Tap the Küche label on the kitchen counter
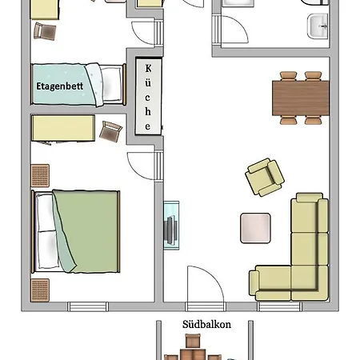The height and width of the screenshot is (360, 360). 148,97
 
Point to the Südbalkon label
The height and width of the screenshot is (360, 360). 206,324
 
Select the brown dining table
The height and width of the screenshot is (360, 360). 301,98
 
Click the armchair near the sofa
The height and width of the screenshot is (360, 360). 265,177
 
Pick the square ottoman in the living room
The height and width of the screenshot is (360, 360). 257,228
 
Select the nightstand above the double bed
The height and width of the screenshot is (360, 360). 40,174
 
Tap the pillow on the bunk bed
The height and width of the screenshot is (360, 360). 112,83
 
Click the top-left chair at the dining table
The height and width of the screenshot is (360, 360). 288,76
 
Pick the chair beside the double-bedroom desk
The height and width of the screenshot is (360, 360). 110,130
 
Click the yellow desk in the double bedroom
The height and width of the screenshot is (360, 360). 64,128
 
